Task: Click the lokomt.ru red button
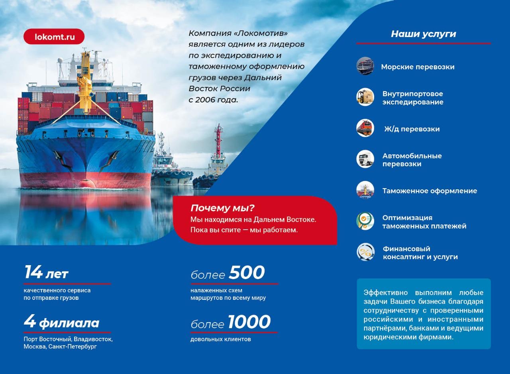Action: click(54, 36)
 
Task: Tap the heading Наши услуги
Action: click(424, 34)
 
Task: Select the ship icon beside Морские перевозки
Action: click(365, 66)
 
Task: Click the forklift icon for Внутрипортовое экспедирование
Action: click(365, 97)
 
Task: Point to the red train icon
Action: click(365, 128)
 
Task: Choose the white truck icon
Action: click(365, 159)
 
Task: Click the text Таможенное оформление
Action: click(430, 191)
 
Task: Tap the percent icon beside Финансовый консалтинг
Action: click(365, 252)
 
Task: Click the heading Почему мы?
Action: click(222, 208)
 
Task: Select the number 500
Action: click(247, 272)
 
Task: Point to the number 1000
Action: click(249, 322)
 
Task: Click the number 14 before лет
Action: click(33, 272)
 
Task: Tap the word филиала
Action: click(69, 323)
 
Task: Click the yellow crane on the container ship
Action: click(85, 82)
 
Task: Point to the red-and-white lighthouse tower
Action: click(219, 141)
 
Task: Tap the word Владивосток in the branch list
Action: click(93, 339)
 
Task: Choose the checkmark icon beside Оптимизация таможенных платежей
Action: click(365, 221)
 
